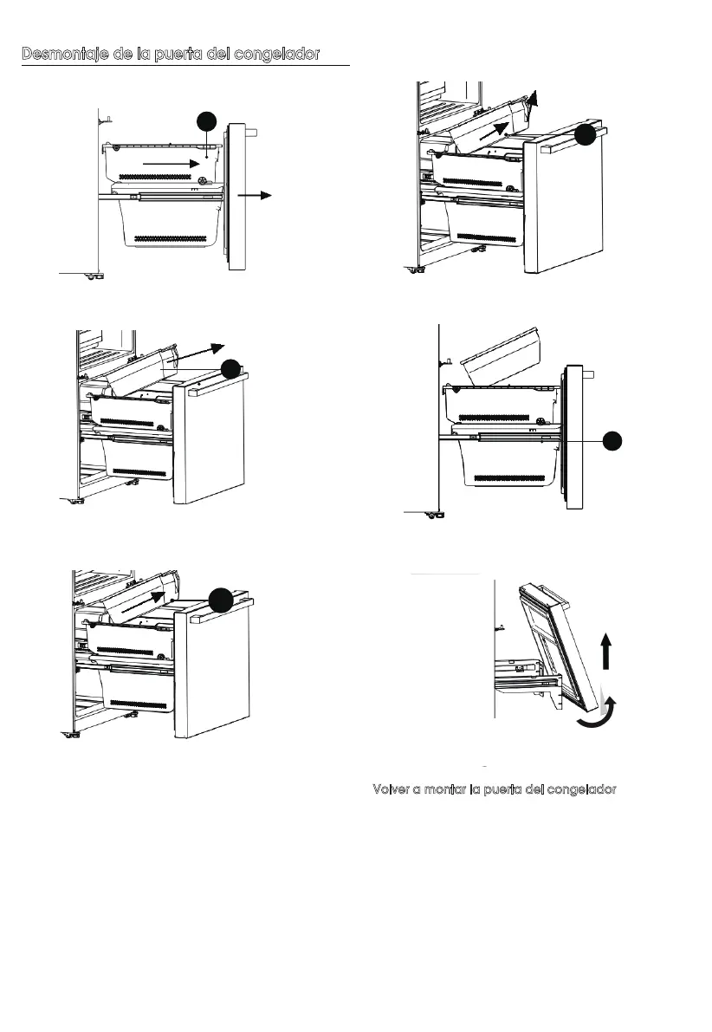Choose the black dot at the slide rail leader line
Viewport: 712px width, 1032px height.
(x=612, y=440)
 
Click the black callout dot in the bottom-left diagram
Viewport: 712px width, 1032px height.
(x=221, y=599)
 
